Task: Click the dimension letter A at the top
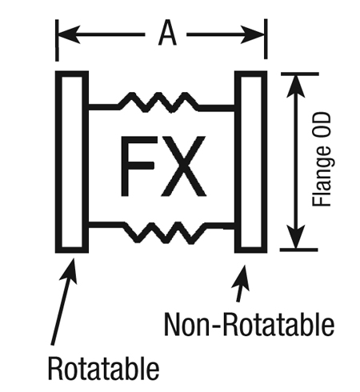click(167, 34)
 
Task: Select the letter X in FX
click(184, 166)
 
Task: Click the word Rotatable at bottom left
click(103, 368)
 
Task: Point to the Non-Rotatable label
click(249, 324)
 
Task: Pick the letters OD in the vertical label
click(322, 126)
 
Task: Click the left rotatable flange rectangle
click(72, 162)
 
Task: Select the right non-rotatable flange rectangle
click(251, 162)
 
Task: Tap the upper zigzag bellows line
click(162, 102)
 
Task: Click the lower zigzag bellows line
click(162, 233)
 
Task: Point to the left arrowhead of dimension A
click(69, 34)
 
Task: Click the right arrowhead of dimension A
click(253, 34)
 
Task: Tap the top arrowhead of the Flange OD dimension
click(296, 86)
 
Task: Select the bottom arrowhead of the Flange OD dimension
click(296, 237)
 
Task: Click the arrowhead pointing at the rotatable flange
click(69, 270)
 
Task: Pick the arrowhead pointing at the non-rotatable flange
click(242, 278)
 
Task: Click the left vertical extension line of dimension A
click(57, 40)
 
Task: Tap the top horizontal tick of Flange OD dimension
click(300, 74)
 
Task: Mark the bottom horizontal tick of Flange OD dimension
click(298, 250)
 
